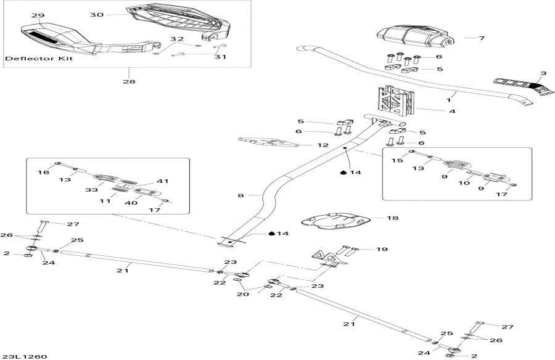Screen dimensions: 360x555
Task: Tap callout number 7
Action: click(x=482, y=38)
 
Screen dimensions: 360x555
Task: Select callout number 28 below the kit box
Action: click(x=129, y=81)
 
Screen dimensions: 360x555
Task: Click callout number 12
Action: click(x=323, y=145)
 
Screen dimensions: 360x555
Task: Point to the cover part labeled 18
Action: click(x=334, y=220)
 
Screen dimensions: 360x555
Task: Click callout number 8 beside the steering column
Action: click(x=241, y=195)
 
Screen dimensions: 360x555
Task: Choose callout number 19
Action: click(x=382, y=250)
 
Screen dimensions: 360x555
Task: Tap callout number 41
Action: click(x=163, y=181)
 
